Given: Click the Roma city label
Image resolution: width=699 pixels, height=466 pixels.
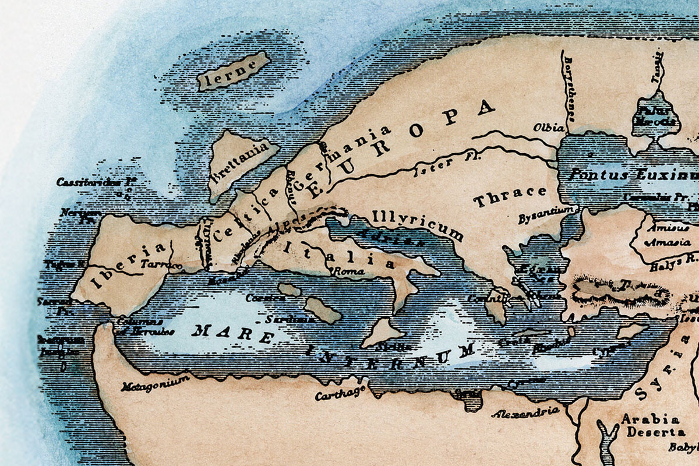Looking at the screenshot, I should [348, 271].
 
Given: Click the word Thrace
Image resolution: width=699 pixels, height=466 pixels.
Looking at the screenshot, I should [510, 197].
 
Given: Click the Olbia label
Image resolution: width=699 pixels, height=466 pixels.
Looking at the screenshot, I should [549, 127].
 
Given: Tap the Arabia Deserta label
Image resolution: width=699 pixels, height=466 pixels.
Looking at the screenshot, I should [650, 426].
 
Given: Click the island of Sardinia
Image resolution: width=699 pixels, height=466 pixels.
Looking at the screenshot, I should [322, 309].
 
